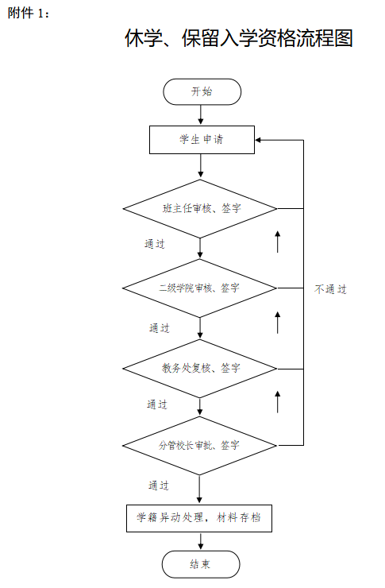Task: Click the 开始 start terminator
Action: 202,92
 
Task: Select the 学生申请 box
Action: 202,140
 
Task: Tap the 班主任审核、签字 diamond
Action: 200,208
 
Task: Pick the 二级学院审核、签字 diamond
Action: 199,288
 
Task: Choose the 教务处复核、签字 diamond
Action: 199,369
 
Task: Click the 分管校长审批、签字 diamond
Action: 199,446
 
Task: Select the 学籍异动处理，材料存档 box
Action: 199,518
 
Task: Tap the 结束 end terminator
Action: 201,564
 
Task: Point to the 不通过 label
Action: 331,289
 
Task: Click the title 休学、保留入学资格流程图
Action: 239,38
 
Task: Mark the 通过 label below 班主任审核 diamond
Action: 155,244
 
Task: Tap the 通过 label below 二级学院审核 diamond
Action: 160,328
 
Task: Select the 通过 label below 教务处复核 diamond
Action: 157,404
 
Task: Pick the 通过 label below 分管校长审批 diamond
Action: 159,485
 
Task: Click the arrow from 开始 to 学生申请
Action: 201,114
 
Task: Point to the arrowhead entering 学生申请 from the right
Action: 258,141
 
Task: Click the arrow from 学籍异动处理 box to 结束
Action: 201,541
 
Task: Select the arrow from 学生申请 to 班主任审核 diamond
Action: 201,166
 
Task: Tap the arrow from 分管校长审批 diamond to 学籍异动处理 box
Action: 199,489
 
